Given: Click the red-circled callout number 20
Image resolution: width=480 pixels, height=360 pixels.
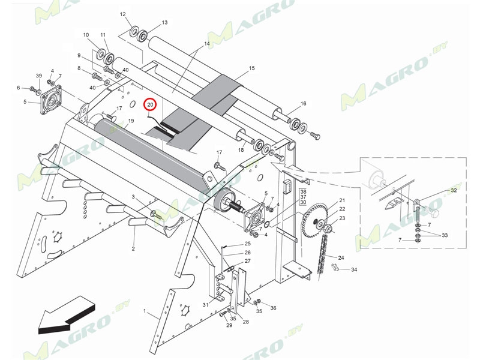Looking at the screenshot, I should pyautogui.click(x=151, y=105).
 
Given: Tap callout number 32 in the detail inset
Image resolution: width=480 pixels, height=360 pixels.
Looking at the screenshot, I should pyautogui.click(x=454, y=190).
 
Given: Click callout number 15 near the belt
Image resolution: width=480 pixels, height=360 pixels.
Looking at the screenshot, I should pyautogui.click(x=251, y=68).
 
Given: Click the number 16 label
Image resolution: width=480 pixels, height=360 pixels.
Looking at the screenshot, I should pyautogui.click(x=304, y=104).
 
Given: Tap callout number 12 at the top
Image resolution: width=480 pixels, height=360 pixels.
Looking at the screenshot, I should pyautogui.click(x=122, y=14).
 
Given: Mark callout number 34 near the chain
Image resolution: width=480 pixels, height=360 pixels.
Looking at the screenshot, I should pyautogui.click(x=354, y=270).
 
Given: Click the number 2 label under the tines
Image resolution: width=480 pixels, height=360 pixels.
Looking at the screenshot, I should pyautogui.click(x=133, y=248).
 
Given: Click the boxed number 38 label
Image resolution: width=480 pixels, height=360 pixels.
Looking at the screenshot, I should pyautogui.click(x=303, y=190).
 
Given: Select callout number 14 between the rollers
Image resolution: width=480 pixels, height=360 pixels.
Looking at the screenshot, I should pyautogui.click(x=207, y=44).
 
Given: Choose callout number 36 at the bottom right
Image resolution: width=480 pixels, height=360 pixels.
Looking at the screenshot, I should pyautogui.click(x=273, y=308).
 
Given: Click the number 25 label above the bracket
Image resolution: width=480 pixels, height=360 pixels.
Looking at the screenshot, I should pyautogui.click(x=247, y=244).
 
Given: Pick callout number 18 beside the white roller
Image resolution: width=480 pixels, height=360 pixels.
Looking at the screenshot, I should pyautogui.click(x=241, y=150).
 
